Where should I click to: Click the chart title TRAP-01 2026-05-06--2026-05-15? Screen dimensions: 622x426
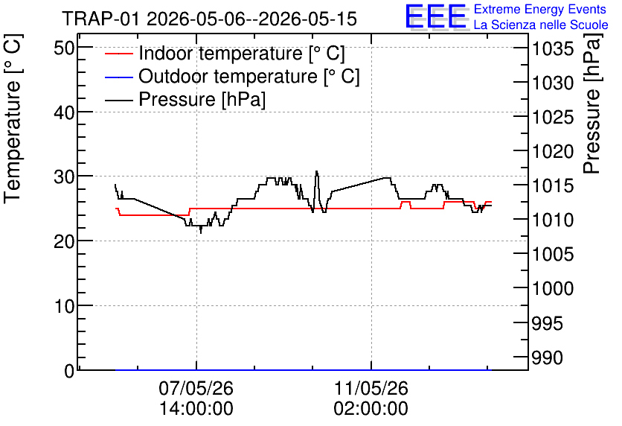pos(210,19)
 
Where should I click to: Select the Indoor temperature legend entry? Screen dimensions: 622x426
pos(225,53)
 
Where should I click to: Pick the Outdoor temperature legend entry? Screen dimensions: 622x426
pos(232,76)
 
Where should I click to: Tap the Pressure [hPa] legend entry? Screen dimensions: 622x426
pos(185,99)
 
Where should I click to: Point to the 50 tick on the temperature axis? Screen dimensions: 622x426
pos(64,48)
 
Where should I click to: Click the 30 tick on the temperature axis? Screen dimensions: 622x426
pos(64,177)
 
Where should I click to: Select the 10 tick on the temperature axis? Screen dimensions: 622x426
pos(64,306)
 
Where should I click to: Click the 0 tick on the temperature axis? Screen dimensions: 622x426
pos(69,371)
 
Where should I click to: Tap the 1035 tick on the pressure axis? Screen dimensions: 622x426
pos(553,49)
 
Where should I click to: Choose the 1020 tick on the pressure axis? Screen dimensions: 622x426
pos(553,151)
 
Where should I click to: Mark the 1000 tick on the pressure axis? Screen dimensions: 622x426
pos(553,288)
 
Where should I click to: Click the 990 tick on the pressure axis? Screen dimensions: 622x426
pos(547,357)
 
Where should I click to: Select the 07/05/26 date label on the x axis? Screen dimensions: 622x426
pos(196,388)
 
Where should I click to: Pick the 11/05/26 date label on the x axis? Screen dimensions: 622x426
pos(371,388)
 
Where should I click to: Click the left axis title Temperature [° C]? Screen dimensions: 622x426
pos(13,118)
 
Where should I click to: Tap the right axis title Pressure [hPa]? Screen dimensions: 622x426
pos(592,104)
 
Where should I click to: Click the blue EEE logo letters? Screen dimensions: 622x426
pos(435,16)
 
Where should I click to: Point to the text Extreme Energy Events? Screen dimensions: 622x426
pos(540,9)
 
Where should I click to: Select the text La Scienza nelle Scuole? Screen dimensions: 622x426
pos(541,25)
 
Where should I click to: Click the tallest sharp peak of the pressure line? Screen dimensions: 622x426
pos(316,171)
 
